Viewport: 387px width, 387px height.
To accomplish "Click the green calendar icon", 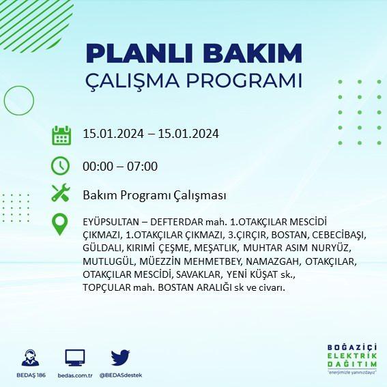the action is (x=61, y=135).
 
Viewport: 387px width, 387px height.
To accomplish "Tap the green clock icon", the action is (x=61, y=166).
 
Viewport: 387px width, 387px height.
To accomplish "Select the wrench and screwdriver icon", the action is (x=61, y=192).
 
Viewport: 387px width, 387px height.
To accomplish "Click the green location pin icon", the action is (x=60, y=224).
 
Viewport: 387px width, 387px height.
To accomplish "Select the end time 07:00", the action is (x=142, y=166).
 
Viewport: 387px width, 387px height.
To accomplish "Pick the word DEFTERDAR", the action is (x=177, y=222).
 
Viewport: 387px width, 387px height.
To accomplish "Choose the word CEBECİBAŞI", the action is (x=338, y=235).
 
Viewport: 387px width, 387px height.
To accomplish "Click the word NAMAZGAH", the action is (x=272, y=261).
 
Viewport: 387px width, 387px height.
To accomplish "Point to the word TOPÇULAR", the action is (x=106, y=287).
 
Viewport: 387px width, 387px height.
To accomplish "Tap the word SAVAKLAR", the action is (x=198, y=274).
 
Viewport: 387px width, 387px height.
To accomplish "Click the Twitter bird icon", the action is (x=120, y=357).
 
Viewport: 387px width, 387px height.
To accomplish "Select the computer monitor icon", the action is (x=75, y=358).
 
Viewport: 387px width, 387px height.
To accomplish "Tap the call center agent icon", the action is (x=30, y=358).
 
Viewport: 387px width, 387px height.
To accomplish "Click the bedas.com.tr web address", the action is (x=75, y=375).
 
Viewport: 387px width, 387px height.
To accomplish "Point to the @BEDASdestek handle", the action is (x=121, y=375).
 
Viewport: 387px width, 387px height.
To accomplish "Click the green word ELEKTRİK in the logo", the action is (x=352, y=356).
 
